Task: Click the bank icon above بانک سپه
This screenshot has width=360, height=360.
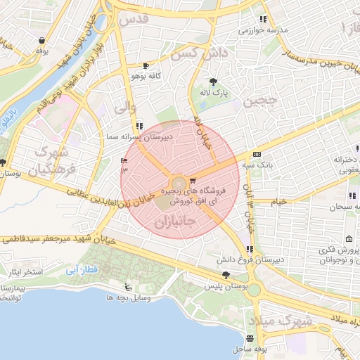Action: (x=257, y=154)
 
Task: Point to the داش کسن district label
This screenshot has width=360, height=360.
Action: (x=201, y=53)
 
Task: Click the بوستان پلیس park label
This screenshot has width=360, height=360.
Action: (x=223, y=287)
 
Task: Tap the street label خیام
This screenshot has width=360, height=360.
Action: (x=278, y=202)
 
